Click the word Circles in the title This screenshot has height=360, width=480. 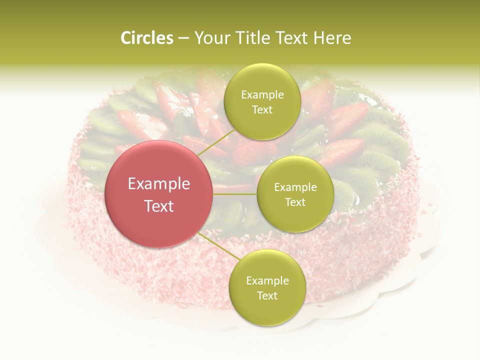[x=146, y=38]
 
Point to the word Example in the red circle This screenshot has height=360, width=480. [x=159, y=184]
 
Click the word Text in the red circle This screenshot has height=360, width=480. [x=159, y=206]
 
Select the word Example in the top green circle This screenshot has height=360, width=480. [x=262, y=95]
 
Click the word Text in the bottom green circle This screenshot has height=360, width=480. [x=267, y=295]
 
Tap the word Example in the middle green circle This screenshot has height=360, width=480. [x=295, y=187]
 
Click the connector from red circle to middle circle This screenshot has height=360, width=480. [x=235, y=193]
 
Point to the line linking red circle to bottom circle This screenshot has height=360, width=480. [x=217, y=247]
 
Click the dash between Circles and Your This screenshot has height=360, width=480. [x=183, y=38]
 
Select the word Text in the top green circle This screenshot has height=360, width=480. [x=262, y=109]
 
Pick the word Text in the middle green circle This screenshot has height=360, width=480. [x=295, y=202]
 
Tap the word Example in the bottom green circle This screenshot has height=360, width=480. [x=267, y=281]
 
